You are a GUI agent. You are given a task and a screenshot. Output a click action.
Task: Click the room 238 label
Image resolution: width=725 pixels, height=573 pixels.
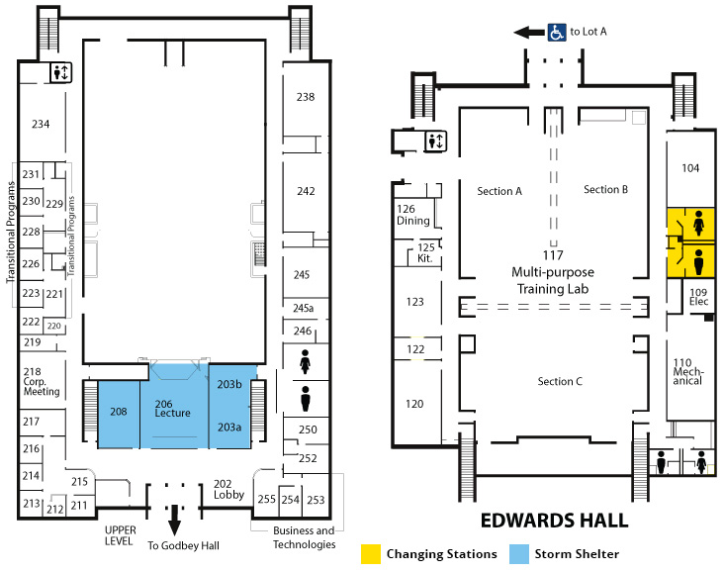click(x=306, y=97)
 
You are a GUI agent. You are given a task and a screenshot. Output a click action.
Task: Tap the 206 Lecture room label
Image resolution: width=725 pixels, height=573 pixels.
click(x=172, y=409)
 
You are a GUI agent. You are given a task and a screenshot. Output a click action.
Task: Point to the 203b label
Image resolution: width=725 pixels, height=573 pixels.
click(x=229, y=384)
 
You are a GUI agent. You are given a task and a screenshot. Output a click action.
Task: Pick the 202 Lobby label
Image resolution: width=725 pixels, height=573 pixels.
click(x=228, y=489)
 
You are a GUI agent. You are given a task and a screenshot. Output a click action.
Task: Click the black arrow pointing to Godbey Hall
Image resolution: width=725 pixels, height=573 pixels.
click(x=174, y=521)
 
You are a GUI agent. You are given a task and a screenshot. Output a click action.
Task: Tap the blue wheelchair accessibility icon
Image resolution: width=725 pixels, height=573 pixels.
click(x=557, y=33)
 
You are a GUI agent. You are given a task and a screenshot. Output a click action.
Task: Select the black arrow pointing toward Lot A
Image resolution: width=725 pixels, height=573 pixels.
click(x=529, y=33)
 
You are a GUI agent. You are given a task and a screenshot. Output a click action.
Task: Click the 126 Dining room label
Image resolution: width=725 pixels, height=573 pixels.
click(x=412, y=215)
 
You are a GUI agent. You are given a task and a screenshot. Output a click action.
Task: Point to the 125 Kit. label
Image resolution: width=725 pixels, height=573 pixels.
click(x=425, y=252)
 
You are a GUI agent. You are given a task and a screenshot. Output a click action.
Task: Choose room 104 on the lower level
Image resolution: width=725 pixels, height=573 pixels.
click(x=690, y=168)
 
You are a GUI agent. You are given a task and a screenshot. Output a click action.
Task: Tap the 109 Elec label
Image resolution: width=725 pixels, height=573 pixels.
click(x=698, y=297)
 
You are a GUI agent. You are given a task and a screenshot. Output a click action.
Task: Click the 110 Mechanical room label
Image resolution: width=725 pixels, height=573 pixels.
click(x=688, y=371)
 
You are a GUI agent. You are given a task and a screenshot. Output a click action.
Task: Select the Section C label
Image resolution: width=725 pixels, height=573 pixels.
click(x=560, y=382)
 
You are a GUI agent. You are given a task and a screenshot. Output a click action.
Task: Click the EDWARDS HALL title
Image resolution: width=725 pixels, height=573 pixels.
click(x=555, y=521)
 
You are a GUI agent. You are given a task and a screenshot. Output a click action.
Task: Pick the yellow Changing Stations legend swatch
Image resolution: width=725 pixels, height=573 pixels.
click(x=371, y=554)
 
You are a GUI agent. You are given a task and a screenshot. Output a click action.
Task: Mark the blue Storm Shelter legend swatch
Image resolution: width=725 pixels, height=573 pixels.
click(x=519, y=554)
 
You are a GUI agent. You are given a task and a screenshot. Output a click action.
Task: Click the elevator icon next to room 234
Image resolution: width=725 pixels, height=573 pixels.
click(x=61, y=73)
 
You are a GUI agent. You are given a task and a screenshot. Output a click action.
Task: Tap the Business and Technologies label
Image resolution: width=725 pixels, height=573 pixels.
click(x=305, y=537)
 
